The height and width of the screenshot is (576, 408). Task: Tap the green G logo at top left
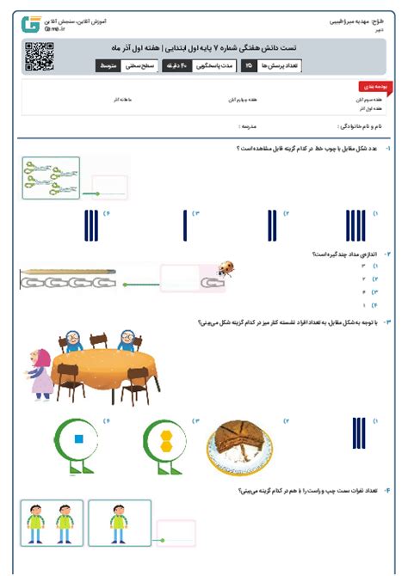pos(32,22)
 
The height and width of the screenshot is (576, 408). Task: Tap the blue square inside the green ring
pos(78,438)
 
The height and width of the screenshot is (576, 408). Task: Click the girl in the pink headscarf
pos(40,372)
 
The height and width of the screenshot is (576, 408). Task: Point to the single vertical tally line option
pos(185,225)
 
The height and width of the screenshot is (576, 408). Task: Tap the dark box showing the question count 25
pos(249,65)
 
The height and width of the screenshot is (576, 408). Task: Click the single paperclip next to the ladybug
pos(211,281)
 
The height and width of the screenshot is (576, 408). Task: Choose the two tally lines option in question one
pos(271,225)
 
